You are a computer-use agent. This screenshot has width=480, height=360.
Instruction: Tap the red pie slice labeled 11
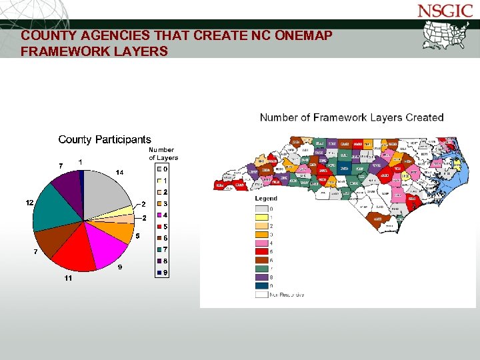pyautogui.click(x=75, y=250)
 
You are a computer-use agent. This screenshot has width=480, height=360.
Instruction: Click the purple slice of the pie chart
pyautogui.click(x=67, y=183)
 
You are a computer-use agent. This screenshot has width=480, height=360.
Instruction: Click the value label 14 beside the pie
pyautogui.click(x=119, y=173)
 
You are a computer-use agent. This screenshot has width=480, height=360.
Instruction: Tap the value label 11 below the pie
pyautogui.click(x=68, y=278)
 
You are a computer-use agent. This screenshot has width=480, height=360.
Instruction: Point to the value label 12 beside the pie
pyautogui.click(x=30, y=202)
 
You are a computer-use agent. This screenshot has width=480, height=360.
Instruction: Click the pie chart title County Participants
pyautogui.click(x=105, y=139)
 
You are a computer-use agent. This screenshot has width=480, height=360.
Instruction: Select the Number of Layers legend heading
pyautogui.click(x=163, y=154)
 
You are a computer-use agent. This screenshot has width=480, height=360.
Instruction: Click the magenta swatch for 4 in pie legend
pyautogui.click(x=159, y=215)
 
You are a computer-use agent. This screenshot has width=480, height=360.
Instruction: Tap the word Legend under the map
pyautogui.click(x=266, y=199)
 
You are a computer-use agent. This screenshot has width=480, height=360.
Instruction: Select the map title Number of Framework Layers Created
pyautogui.click(x=351, y=117)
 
